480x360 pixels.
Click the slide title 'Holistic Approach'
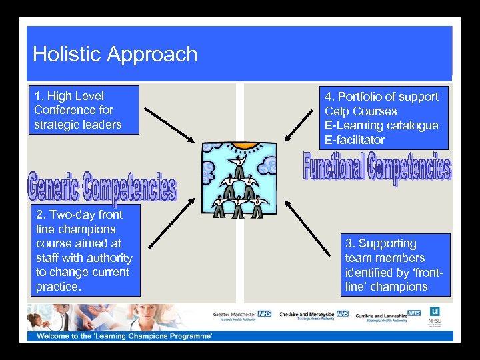[115, 54]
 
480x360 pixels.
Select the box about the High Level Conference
[83, 110]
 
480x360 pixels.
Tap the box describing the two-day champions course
[84, 250]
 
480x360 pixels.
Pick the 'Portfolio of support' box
[382, 118]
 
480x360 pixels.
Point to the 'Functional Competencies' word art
[377, 167]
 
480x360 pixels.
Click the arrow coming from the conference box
[170, 125]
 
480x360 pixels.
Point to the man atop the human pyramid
[238, 165]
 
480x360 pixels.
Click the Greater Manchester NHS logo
[242, 314]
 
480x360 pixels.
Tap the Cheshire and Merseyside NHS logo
[313, 315]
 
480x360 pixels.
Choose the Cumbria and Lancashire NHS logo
[388, 315]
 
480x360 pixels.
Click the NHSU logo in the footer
[435, 315]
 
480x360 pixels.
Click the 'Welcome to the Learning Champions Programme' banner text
[125, 336]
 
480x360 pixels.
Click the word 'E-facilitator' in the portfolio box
[355, 140]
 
